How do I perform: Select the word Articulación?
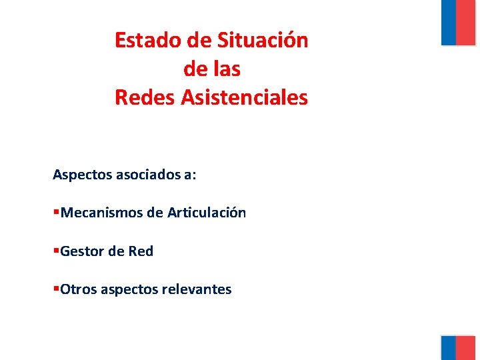tap(207, 213)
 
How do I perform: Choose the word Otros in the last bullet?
tap(78, 289)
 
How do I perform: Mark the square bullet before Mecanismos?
tap(56, 213)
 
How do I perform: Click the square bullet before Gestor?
tap(56, 251)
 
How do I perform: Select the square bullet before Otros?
tap(56, 289)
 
